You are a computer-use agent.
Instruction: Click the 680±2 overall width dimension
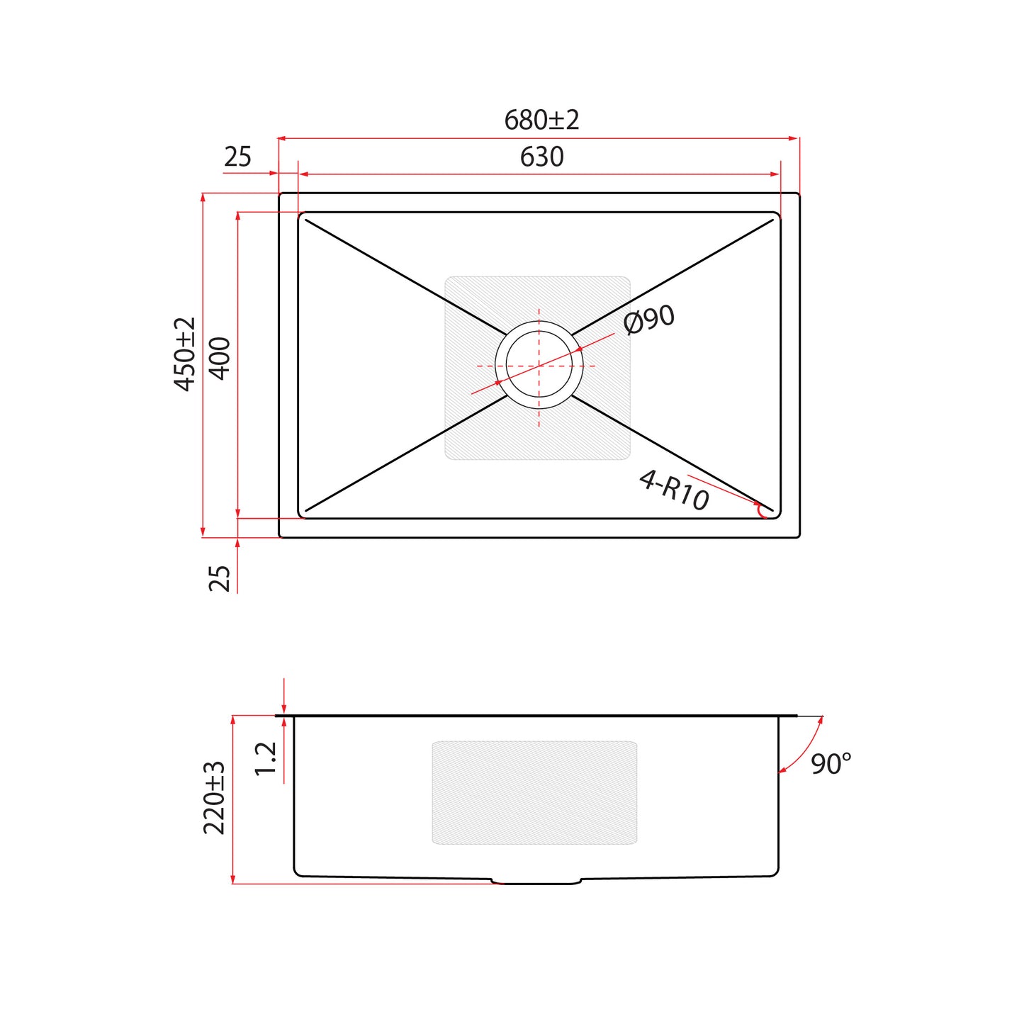click(x=541, y=120)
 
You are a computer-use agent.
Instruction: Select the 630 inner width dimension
click(x=541, y=157)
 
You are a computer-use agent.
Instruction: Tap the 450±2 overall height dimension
click(x=186, y=354)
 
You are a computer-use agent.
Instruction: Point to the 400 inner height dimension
click(x=220, y=358)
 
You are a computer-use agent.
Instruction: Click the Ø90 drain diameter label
click(x=649, y=320)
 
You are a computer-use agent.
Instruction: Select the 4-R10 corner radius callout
click(x=674, y=490)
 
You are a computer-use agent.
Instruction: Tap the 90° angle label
click(x=831, y=764)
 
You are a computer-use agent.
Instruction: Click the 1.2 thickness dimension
click(x=266, y=758)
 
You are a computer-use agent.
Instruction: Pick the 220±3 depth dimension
click(x=215, y=798)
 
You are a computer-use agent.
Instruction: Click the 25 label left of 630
click(x=237, y=157)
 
